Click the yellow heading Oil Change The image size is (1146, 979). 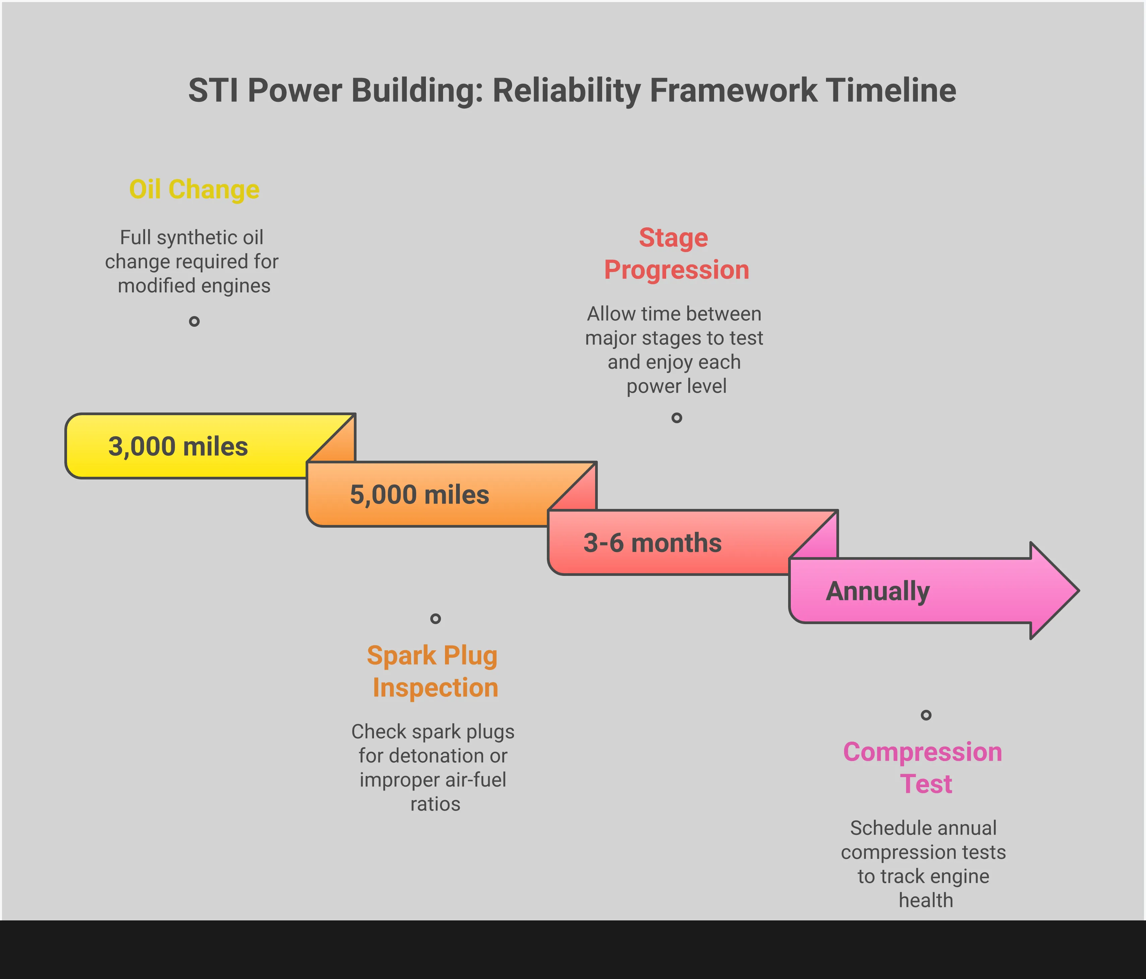(x=194, y=190)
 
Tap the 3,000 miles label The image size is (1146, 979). (x=178, y=447)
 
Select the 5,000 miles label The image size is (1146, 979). (x=419, y=495)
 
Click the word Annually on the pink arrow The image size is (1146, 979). (x=877, y=591)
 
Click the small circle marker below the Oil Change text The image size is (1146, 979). (x=194, y=321)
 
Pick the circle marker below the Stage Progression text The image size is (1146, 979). (x=677, y=418)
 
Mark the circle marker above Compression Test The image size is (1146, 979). (x=926, y=715)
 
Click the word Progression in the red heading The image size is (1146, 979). (x=677, y=270)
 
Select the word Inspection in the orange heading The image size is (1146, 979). (x=435, y=688)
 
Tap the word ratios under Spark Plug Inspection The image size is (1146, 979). (x=435, y=804)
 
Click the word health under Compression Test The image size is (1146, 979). (x=926, y=901)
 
